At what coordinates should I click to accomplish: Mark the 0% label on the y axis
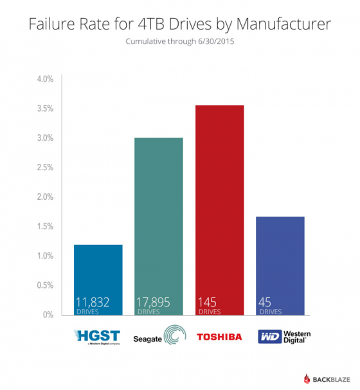click(48, 315)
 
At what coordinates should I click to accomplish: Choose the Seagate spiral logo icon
click(174, 336)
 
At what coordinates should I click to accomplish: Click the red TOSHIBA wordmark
click(219, 336)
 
